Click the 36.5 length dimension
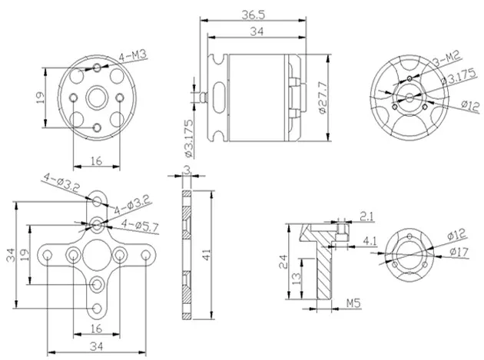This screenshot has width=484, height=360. (x=253, y=15)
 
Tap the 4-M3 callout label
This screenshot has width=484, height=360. (x=133, y=56)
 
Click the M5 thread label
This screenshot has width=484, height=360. (x=353, y=303)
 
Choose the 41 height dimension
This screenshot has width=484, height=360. (x=206, y=255)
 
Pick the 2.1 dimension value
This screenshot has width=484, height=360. (x=366, y=216)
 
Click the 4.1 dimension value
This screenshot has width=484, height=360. (x=370, y=240)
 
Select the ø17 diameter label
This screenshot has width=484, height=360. (x=459, y=252)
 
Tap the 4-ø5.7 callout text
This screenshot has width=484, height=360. (x=140, y=226)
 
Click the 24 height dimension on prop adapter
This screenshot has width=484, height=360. (x=283, y=262)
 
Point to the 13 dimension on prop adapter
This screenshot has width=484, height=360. (x=296, y=279)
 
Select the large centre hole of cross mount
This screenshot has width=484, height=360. (x=97, y=255)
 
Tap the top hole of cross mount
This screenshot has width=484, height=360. (x=97, y=201)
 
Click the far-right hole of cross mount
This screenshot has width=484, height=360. (x=146, y=255)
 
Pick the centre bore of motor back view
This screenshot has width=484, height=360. (x=97, y=97)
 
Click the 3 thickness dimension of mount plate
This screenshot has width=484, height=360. (x=187, y=170)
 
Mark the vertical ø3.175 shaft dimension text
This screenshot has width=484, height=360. (x=188, y=138)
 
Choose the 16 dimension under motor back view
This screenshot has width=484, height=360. (x=97, y=160)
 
